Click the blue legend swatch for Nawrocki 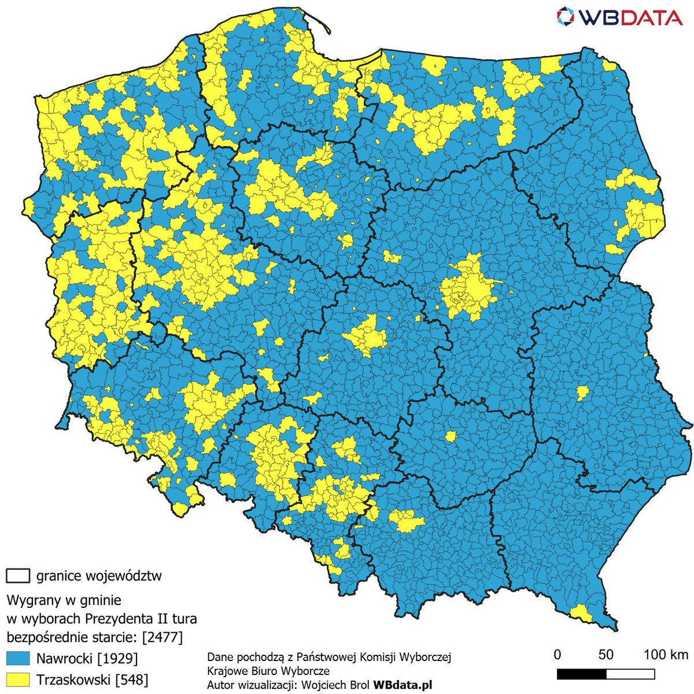17,658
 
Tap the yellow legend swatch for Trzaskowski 17,679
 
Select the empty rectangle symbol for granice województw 17,576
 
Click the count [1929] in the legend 118,658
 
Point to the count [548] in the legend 132,679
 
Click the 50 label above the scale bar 606,655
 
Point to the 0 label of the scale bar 557,655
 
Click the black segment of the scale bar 581,674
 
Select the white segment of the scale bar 630,674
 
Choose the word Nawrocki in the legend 64,658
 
